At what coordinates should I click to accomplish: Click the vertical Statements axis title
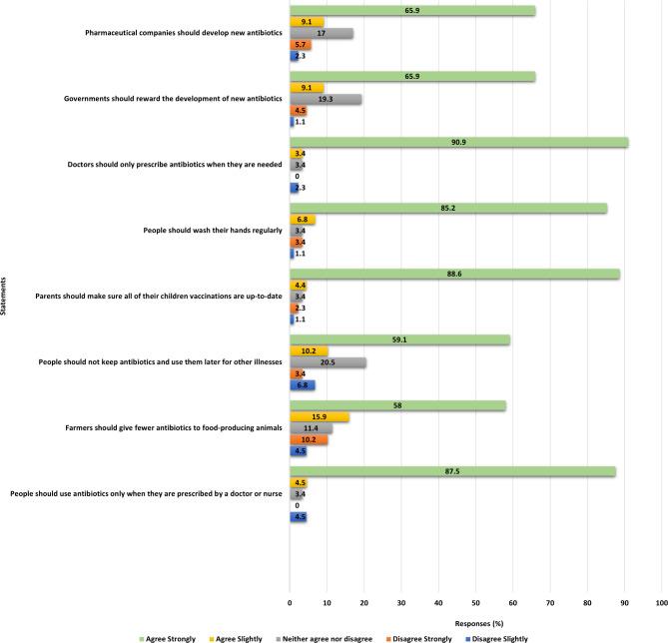pos(6,298)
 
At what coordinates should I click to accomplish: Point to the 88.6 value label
pos(454,274)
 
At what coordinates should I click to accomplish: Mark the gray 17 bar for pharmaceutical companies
pos(322,33)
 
